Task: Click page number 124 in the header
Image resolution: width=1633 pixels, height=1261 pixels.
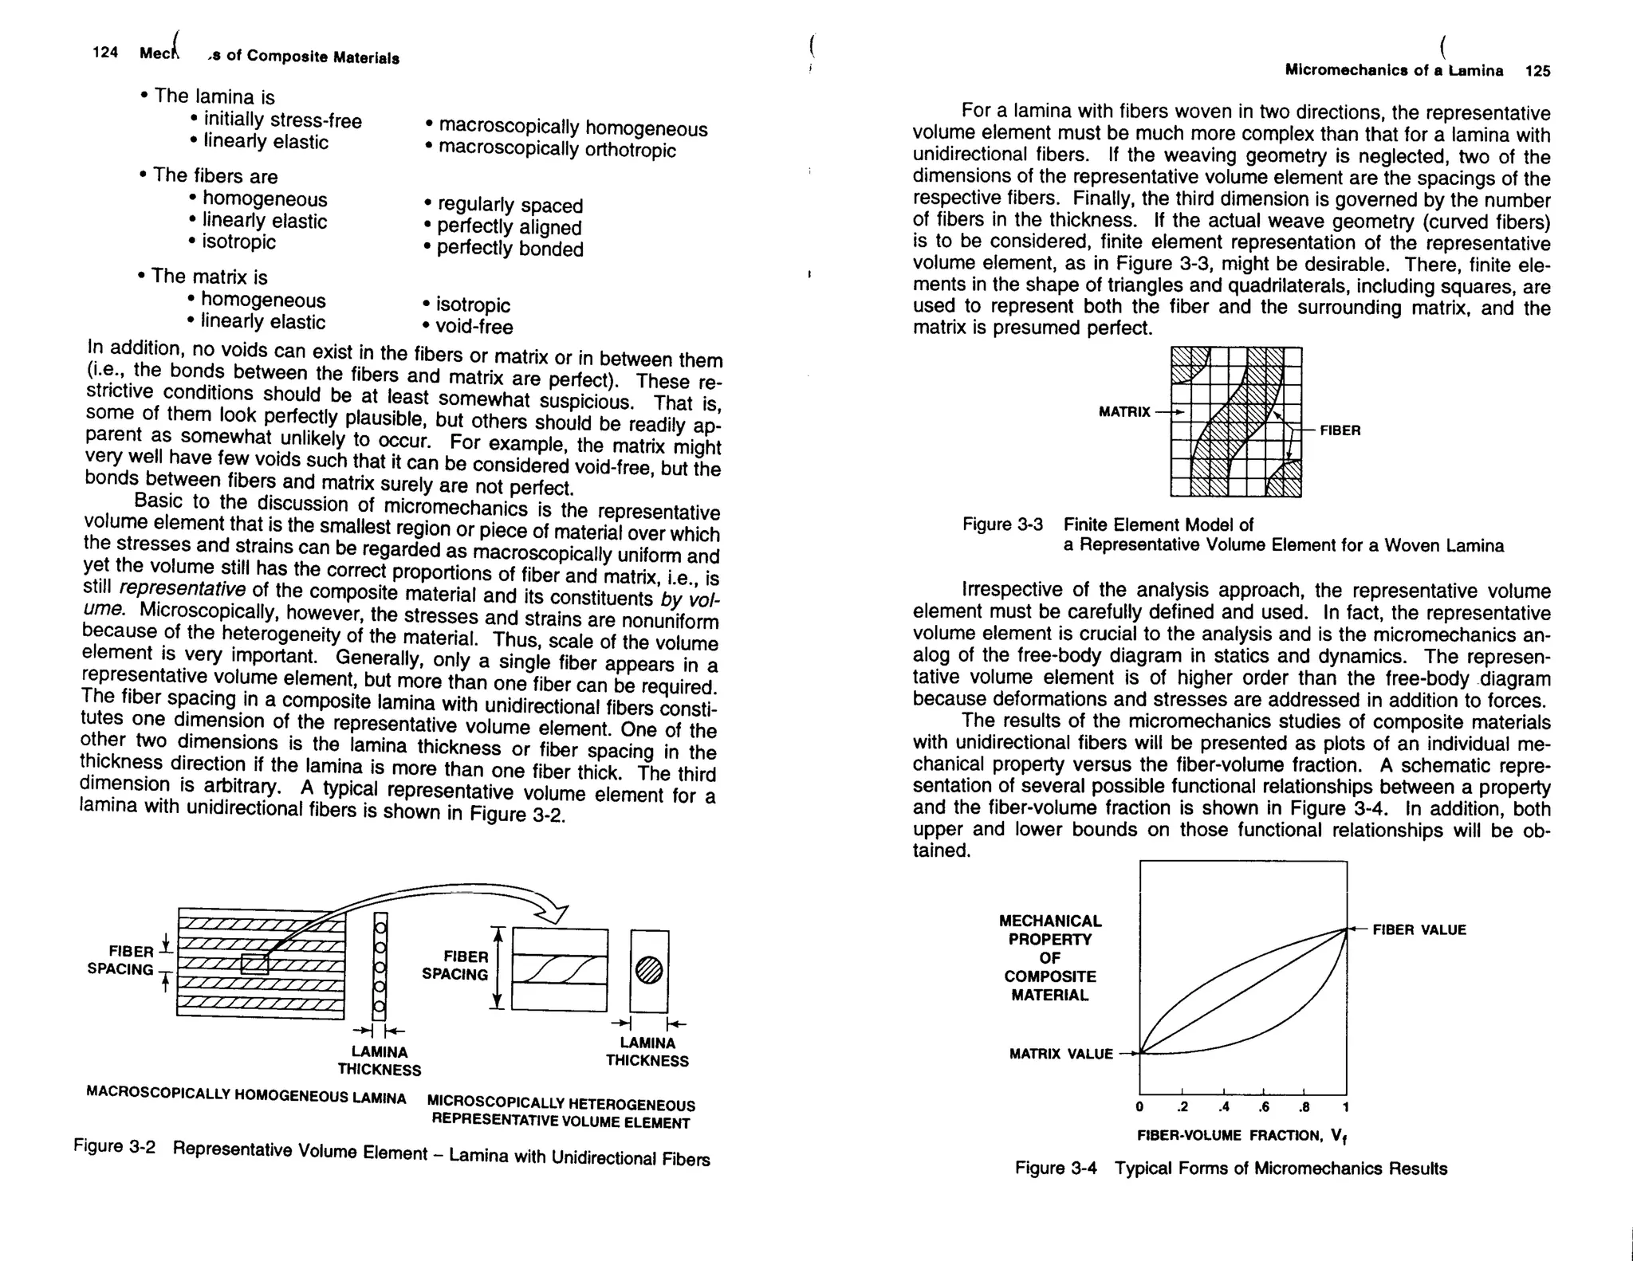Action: pos(105,53)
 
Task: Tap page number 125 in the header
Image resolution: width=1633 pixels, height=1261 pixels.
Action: pos(1537,71)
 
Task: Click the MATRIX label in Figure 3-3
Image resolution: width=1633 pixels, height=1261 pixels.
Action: pos(1124,412)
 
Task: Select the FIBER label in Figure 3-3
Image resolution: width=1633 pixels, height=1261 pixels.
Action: pos(1340,430)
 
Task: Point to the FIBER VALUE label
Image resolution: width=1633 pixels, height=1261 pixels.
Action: pos(1419,929)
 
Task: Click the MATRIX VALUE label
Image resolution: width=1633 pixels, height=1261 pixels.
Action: pos(1060,1054)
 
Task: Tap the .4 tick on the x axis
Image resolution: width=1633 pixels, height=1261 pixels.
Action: pos(1224,1107)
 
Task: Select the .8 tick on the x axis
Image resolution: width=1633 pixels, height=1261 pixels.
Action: pos(1304,1107)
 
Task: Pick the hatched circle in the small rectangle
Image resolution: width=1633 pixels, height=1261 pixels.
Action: pos(649,970)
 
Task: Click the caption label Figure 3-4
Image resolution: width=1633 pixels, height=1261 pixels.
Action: pos(1056,1169)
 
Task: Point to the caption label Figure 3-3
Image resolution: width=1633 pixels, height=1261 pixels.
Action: pos(1002,524)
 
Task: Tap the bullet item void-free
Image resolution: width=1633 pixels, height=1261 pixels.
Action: pos(474,327)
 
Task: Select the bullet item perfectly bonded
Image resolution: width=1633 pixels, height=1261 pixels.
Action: pos(510,249)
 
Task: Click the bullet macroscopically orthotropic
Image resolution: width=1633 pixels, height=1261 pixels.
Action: pos(557,150)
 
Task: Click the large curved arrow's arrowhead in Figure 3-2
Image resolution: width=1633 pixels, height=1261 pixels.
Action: pos(554,913)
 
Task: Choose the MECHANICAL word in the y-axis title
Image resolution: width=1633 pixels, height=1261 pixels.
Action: pos(1050,921)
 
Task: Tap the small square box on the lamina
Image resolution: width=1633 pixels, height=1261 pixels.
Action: pos(254,964)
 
